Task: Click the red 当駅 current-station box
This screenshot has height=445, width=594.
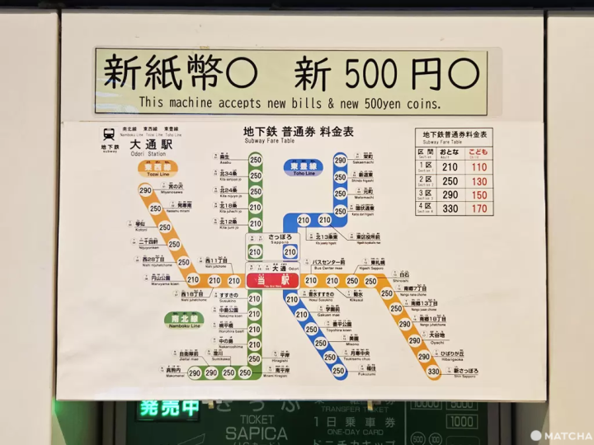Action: (x=272, y=280)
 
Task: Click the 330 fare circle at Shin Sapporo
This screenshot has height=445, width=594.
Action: (x=433, y=372)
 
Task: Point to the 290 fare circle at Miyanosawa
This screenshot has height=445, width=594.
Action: (x=146, y=190)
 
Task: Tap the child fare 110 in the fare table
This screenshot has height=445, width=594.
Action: (x=478, y=167)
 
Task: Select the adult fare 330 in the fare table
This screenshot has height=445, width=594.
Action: (x=450, y=208)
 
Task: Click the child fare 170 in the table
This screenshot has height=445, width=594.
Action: (x=478, y=208)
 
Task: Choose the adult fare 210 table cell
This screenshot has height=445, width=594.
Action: (x=450, y=167)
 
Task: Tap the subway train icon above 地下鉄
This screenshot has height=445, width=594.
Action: (x=110, y=134)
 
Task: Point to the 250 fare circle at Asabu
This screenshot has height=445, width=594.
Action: (x=256, y=160)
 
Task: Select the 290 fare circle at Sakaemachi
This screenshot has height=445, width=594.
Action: (x=340, y=160)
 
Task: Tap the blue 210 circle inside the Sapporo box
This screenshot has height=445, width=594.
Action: (x=290, y=252)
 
